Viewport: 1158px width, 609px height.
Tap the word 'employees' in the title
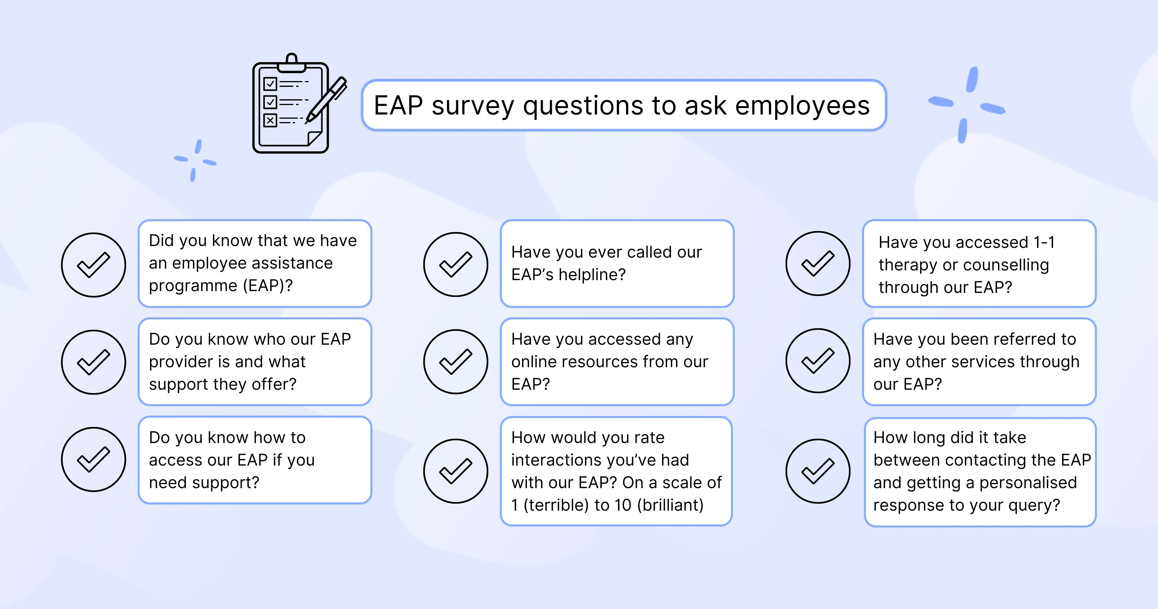pos(802,107)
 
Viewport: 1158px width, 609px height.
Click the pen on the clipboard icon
pos(327,100)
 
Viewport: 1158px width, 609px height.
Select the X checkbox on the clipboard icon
pos(270,120)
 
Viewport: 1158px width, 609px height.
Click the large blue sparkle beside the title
pos(967,105)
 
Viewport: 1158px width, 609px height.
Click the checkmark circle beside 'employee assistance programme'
pos(94,265)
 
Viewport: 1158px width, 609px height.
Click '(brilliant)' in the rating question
pos(670,505)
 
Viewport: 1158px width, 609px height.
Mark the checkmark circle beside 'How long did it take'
pos(818,471)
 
